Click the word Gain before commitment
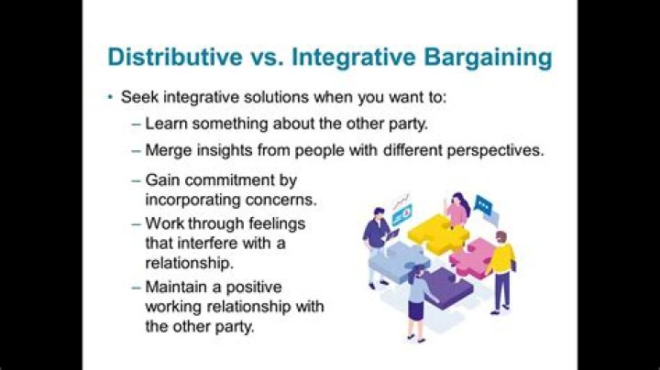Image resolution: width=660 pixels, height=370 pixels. pos(162,180)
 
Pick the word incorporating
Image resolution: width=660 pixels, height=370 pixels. pos(190,198)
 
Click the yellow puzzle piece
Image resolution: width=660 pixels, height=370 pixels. pos(437,233)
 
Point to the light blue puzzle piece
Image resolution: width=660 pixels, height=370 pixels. pos(397,262)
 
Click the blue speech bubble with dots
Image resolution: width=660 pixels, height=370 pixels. pos(484,207)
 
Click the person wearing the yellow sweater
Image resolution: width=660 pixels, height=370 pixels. pos(500,266)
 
